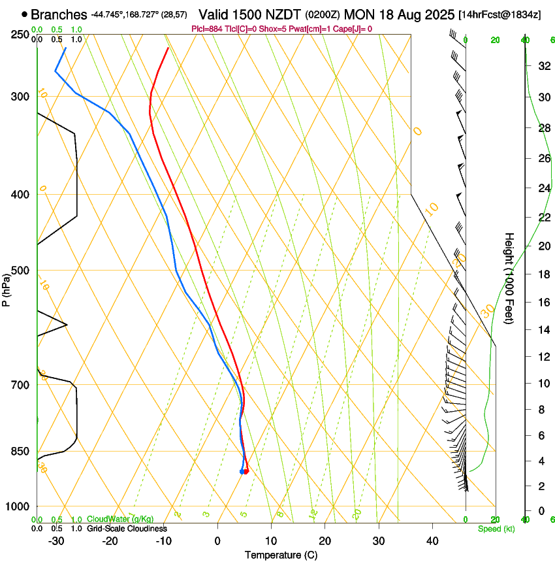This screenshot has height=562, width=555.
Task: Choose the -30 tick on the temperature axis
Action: point(57,540)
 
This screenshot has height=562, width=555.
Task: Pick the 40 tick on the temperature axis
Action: point(432,540)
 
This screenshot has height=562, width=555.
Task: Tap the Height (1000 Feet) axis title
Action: point(510,278)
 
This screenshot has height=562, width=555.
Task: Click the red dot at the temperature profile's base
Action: point(246,471)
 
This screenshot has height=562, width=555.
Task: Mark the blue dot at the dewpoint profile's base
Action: point(242,471)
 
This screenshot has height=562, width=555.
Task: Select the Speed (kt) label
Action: point(496,529)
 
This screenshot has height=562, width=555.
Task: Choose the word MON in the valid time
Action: point(358,14)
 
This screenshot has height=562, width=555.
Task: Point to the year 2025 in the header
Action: point(434,14)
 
